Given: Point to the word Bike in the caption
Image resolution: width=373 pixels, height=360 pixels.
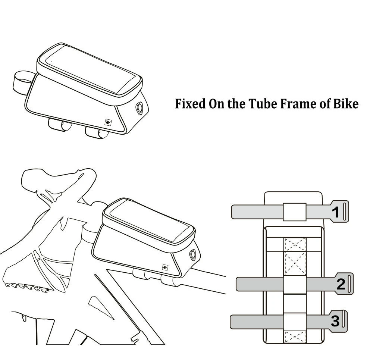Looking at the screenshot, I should [346, 104].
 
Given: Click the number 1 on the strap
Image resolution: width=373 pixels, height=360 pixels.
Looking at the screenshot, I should [335, 212].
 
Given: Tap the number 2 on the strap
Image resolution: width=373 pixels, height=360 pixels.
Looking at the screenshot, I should [341, 284].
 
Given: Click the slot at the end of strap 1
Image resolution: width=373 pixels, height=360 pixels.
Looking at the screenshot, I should [345, 212].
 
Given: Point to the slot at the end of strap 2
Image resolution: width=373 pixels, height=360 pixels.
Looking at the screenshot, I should [350, 284].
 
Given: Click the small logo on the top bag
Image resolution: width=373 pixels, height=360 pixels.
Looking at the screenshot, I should [108, 122].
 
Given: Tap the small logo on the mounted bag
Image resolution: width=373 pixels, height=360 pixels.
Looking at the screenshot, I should [165, 267].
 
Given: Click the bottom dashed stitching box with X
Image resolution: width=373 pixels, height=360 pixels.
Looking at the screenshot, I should [295, 336].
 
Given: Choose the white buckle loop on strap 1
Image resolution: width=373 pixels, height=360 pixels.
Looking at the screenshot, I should [294, 212].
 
